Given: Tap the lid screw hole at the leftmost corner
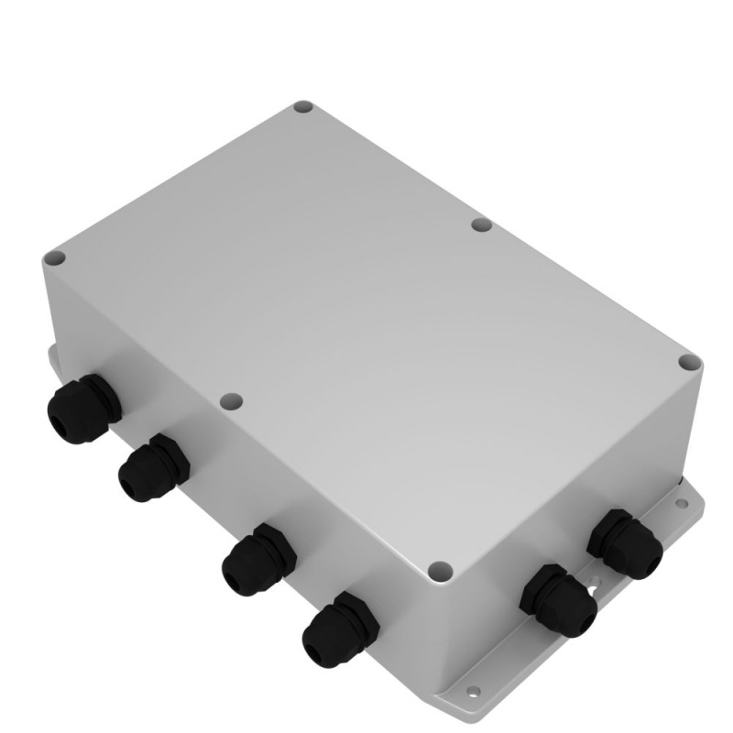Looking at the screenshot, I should point(57,260).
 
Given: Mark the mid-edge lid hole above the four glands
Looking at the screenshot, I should point(233,401).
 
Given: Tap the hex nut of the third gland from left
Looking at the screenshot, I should point(270,548).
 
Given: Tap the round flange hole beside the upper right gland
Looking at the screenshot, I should point(679,503).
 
